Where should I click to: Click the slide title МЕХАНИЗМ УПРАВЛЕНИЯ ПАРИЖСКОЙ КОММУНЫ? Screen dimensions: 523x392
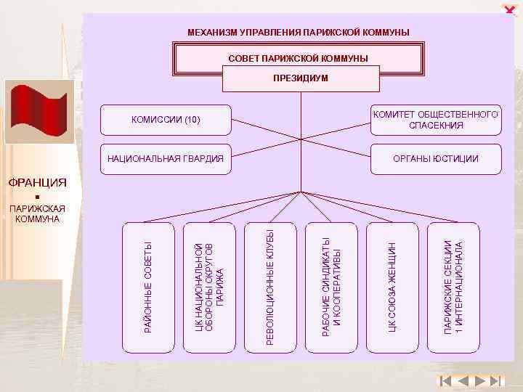pyautogui.click(x=298, y=33)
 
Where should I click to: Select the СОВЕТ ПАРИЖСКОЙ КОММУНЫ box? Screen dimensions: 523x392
pyautogui.click(x=298, y=58)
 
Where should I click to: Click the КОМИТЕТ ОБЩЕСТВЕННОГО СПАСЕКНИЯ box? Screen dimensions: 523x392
pyautogui.click(x=436, y=120)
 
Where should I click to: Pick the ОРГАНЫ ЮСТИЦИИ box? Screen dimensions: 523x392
pyautogui.click(x=436, y=158)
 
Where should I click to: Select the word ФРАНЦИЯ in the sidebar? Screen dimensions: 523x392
pyautogui.click(x=37, y=182)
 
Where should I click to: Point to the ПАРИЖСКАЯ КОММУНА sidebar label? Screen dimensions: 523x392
pyautogui.click(x=37, y=214)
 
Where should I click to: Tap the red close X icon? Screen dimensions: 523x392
pyautogui.click(x=510, y=8)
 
